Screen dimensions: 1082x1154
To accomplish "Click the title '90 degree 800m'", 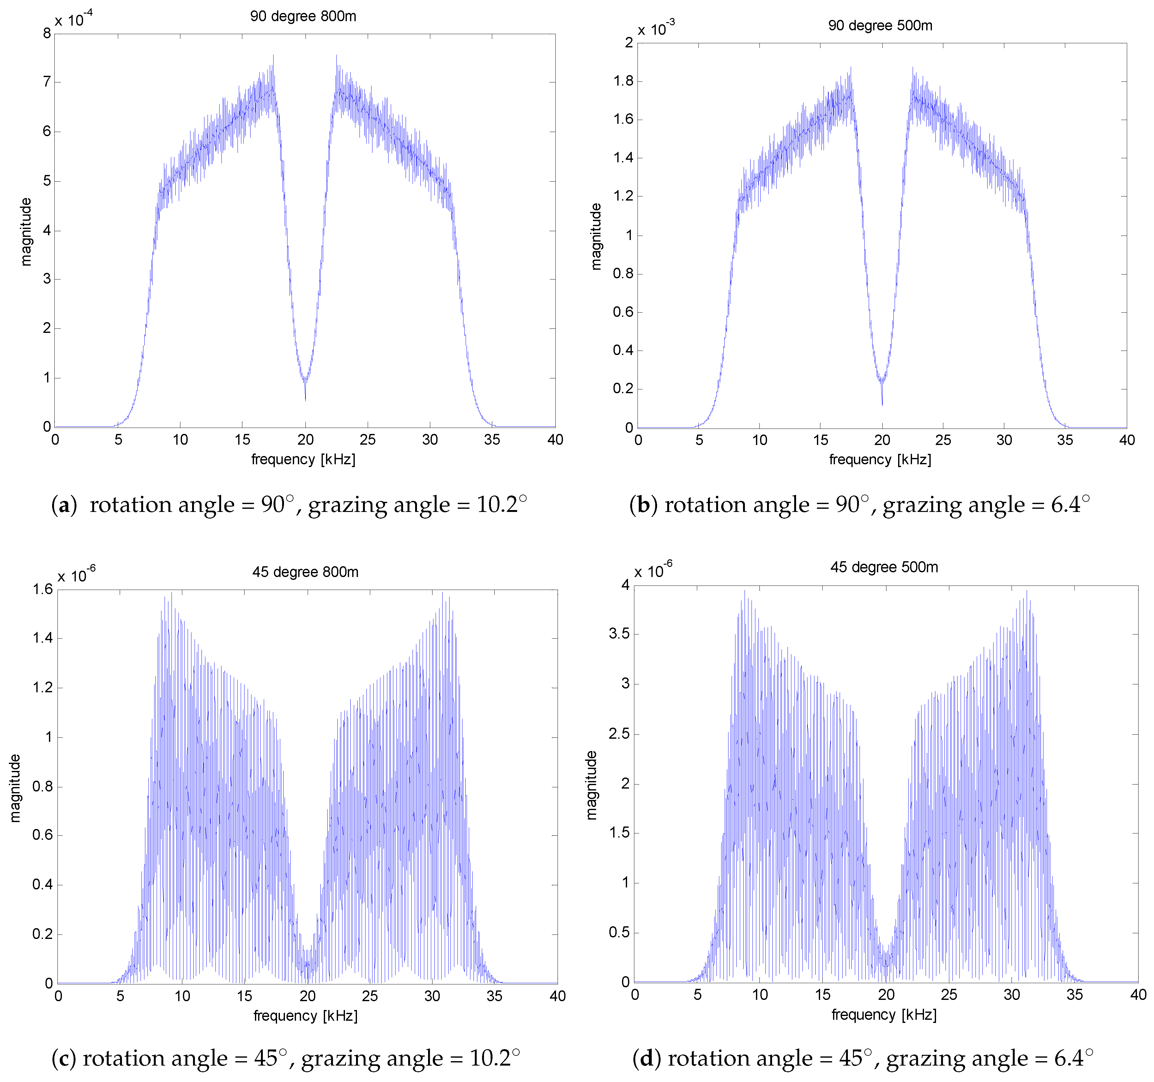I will coord(303,16).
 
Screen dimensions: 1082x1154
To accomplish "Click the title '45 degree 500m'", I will coord(884,567).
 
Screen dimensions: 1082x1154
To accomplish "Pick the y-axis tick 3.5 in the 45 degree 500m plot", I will coord(619,633).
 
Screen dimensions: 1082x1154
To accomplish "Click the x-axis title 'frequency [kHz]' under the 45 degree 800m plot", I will coord(305,1016).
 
